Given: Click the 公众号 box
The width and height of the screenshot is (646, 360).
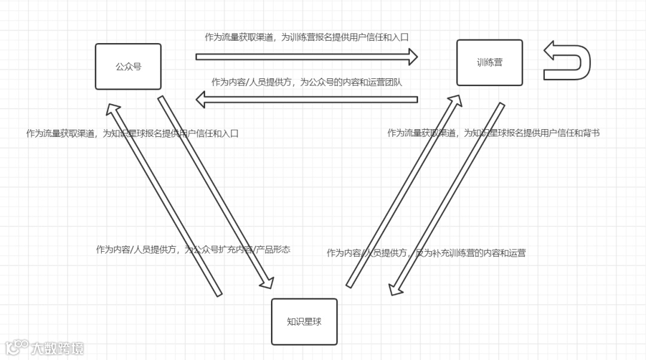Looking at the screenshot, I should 128,66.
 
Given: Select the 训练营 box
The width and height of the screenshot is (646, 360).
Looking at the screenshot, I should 489,62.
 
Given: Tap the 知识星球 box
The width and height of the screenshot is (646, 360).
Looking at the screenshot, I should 304,322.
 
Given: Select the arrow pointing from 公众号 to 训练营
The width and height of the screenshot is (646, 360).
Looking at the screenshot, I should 306,57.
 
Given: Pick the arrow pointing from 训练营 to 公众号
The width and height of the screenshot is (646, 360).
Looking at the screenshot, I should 306,99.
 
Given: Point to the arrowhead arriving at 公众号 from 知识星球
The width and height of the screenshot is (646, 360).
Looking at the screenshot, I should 112,107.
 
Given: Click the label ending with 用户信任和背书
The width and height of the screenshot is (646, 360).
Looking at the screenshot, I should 493,133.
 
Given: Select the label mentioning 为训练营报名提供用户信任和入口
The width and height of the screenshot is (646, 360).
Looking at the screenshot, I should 306,37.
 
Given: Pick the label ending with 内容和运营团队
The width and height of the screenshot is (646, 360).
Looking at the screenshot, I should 306,83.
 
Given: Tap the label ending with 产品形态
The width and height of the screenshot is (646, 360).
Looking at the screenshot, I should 193,249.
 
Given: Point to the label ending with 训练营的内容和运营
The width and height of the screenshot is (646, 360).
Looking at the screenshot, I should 426,252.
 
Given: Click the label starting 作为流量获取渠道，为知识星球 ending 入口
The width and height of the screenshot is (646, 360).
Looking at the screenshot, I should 132,133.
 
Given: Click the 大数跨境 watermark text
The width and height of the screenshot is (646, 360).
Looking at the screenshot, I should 57,348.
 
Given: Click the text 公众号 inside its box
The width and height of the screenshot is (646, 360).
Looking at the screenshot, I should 128,66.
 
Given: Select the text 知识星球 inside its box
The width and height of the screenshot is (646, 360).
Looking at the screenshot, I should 304,322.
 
